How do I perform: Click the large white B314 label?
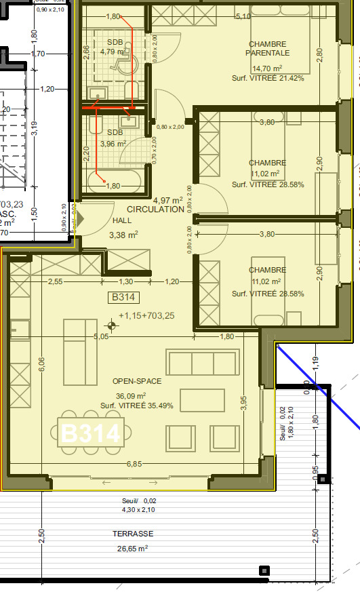[x=91, y=433]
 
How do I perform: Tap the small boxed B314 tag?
[x=124, y=297]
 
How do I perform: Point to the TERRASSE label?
[x=132, y=534]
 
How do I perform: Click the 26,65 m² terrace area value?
[x=132, y=549]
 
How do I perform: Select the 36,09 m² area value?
[x=132, y=396]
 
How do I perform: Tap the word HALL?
[x=123, y=221]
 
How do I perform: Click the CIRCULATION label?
[x=155, y=210]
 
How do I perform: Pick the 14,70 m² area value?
[x=268, y=68]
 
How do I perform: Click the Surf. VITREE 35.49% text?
[x=137, y=406]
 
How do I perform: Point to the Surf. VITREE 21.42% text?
[x=268, y=78]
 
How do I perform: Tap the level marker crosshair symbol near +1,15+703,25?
[x=112, y=325]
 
